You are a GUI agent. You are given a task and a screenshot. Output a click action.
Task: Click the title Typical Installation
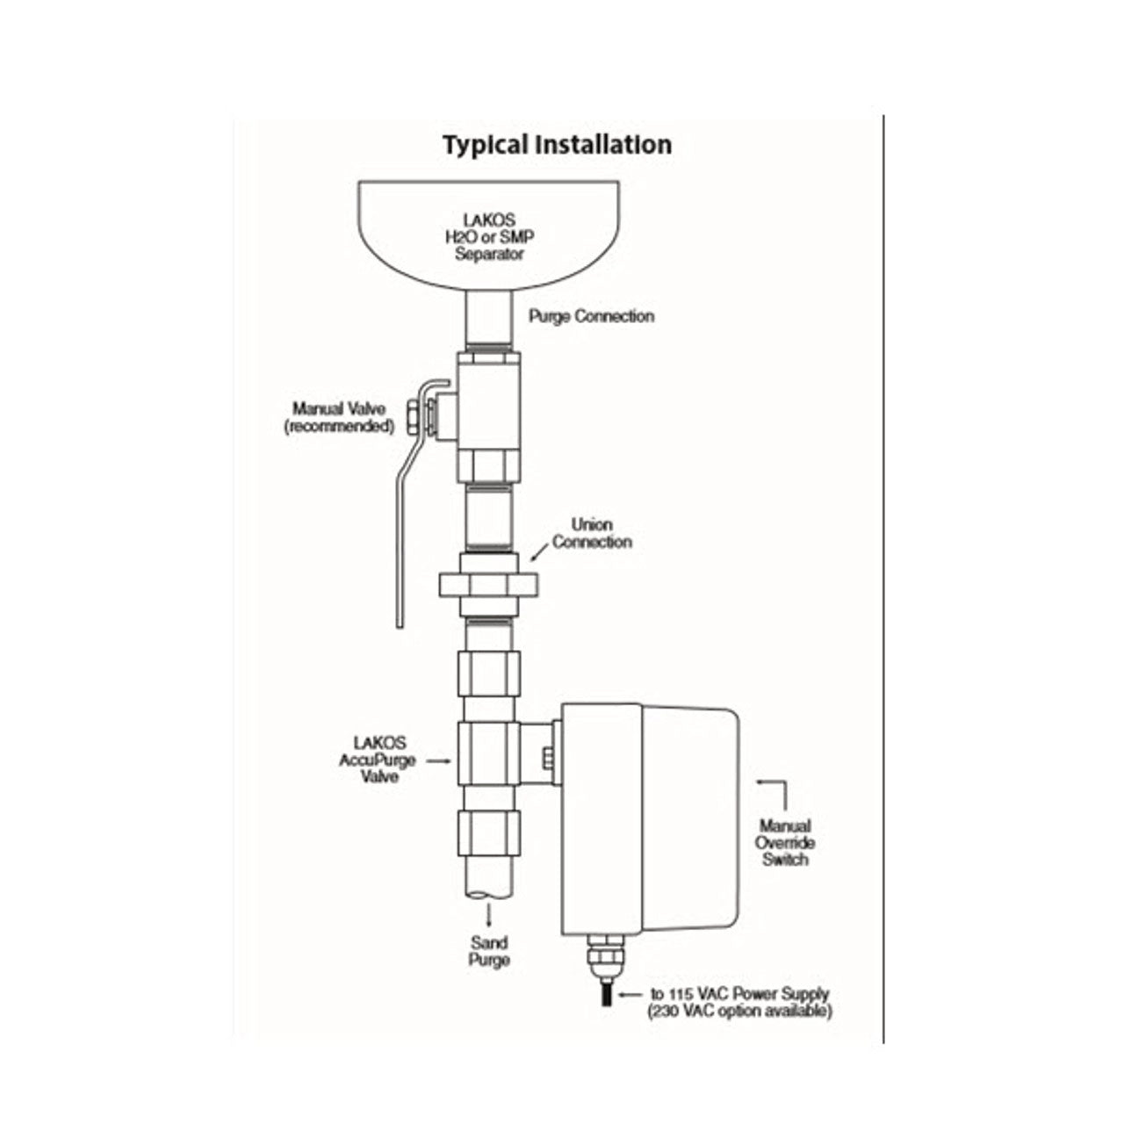coord(557,144)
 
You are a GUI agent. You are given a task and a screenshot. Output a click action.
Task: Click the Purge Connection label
coord(591,316)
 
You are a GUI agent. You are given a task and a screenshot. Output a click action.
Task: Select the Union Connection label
coord(591,533)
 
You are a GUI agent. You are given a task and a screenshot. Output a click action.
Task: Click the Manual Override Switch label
coord(785,842)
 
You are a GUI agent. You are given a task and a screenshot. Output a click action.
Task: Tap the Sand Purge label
coord(489,951)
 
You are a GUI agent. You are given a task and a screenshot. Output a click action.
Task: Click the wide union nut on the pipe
coord(488,583)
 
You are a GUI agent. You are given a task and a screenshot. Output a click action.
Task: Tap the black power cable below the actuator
coord(606,1000)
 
